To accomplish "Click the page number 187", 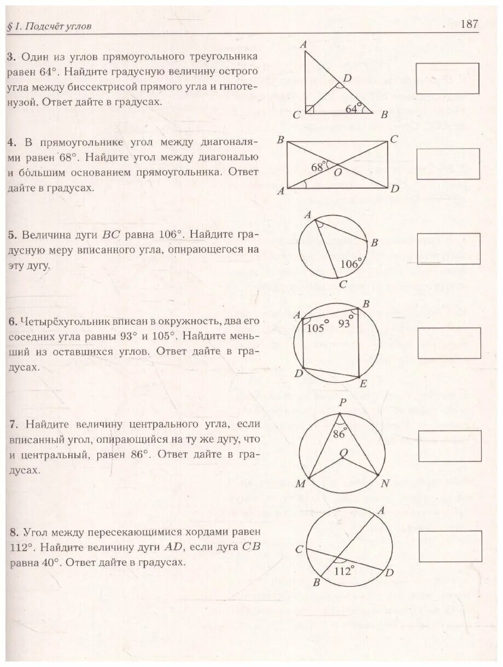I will pos(470,24).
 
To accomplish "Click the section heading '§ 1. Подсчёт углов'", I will pos(50,27).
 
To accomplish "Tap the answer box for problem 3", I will pos(447,78).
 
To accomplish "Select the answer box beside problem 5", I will pos(448,249).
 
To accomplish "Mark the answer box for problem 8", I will pos(451,546).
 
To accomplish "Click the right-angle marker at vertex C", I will pos(309,109).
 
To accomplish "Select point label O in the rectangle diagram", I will pos(338,172).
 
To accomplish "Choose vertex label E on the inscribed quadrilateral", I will pos(362,383).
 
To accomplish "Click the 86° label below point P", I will pos(340,435).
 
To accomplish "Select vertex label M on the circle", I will pos(300,484).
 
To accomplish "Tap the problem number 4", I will pos(11,142).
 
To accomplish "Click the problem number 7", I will pos(11,424).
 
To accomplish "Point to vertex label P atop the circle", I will pos(342,402).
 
